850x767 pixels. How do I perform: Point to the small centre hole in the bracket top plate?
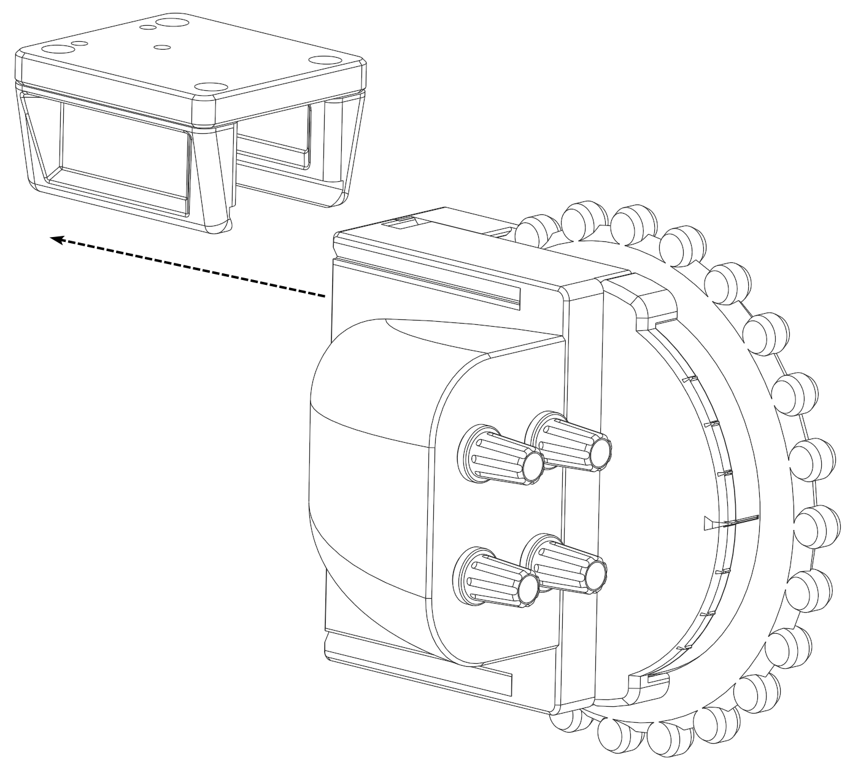pyautogui.click(x=162, y=47)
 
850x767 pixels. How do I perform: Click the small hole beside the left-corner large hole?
pyautogui.click(x=79, y=44)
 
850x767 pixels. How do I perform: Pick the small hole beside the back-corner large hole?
pyautogui.click(x=147, y=27)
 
